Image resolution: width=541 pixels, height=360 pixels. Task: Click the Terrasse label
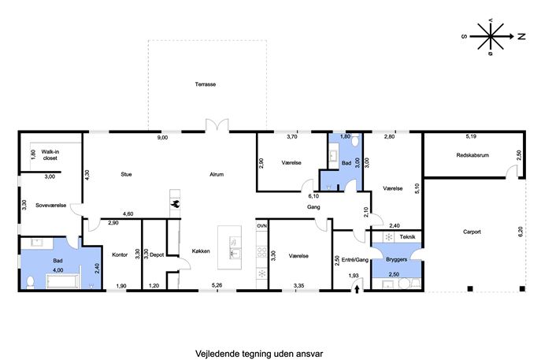206,84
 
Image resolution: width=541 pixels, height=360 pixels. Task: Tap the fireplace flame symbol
176,204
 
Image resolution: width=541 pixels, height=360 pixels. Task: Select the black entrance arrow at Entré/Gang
357,289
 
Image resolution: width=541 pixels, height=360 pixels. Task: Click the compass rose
491,36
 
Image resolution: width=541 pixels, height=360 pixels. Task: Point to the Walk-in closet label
50,155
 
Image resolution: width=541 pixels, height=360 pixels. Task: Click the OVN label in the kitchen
262,226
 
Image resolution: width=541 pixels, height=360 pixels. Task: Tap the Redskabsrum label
472,155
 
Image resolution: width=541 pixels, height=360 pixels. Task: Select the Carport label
472,232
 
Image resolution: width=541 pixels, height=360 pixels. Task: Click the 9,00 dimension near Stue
162,137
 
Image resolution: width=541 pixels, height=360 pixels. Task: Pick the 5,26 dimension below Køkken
217,285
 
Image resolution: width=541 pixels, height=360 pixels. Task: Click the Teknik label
407,237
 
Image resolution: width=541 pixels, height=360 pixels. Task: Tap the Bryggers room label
396,259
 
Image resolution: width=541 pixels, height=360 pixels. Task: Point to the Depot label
157,254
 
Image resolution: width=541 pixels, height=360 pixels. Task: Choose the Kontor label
120,254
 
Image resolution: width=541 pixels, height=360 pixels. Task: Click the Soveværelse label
50,206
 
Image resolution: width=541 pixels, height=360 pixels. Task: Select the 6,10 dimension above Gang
313,196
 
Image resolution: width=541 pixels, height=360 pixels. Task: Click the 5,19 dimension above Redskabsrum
471,136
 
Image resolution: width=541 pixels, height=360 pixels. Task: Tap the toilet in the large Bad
31,282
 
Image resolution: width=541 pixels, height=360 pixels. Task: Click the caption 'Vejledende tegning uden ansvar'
259,354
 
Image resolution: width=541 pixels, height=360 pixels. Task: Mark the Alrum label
217,174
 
